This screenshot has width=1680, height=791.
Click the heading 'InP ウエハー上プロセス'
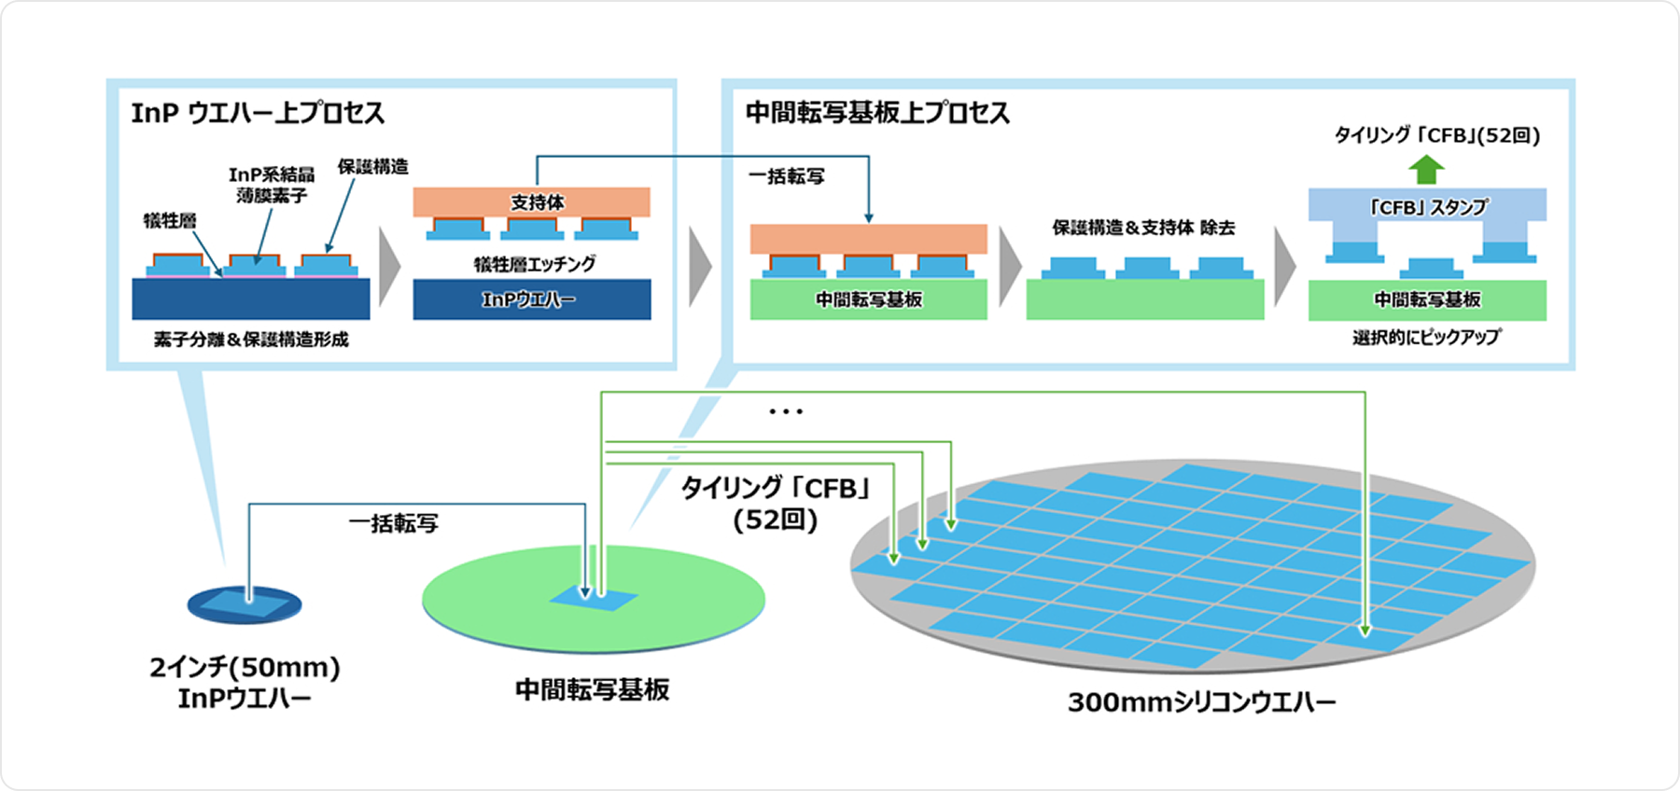(258, 114)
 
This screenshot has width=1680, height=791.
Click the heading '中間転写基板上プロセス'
(877, 114)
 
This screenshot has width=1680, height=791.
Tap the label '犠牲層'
(169, 221)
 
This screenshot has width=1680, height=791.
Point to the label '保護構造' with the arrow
(372, 167)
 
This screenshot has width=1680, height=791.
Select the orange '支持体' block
(532, 202)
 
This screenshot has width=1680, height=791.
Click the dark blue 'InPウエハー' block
(532, 299)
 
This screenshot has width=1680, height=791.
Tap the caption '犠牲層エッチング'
(534, 264)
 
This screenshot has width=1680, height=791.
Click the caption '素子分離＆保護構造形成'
(251, 340)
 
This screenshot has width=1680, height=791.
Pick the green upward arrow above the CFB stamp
(1426, 169)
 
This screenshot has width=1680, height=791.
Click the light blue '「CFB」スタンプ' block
(1427, 206)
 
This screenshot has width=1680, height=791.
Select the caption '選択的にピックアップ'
(1426, 337)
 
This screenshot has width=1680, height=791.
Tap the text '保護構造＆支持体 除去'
(1143, 228)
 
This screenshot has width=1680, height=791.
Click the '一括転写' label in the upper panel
(787, 176)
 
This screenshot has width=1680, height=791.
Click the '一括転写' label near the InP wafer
(393, 523)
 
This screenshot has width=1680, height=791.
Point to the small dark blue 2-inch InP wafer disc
(245, 605)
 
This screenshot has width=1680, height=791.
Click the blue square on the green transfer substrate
(594, 599)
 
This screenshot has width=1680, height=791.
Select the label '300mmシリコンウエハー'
(1201, 701)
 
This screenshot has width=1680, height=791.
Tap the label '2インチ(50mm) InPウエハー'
(245, 683)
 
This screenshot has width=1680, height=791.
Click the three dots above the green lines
(786, 411)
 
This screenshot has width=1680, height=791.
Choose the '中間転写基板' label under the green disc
(593, 690)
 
